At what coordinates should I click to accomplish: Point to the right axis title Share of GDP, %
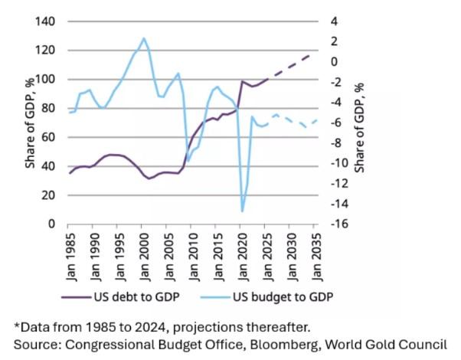(x=361, y=123)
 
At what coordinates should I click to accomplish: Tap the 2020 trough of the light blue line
(x=242, y=211)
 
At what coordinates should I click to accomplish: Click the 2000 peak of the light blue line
(x=143, y=38)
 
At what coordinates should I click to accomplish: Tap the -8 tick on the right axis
(x=337, y=143)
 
